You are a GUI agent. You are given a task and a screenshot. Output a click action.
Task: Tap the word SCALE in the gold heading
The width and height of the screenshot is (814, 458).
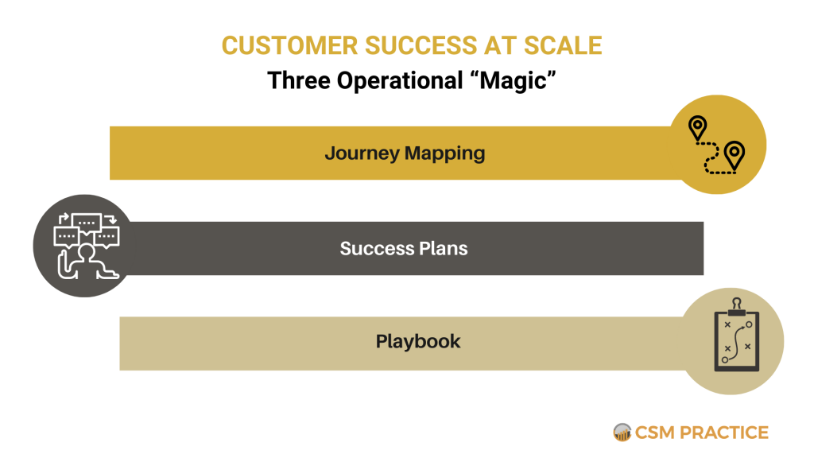(x=564, y=45)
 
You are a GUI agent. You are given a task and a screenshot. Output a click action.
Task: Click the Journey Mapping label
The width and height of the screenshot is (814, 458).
(x=405, y=153)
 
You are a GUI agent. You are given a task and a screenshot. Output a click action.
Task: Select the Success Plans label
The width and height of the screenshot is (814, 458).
(x=404, y=248)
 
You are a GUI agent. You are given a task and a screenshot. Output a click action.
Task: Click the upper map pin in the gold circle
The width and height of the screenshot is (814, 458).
(x=697, y=128)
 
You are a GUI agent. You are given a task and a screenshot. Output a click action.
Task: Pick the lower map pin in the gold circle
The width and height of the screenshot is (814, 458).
(x=734, y=154)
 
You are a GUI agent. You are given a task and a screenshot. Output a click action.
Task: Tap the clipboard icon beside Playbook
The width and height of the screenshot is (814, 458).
(x=736, y=340)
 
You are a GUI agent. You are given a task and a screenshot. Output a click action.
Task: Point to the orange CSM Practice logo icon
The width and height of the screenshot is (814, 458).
(x=622, y=433)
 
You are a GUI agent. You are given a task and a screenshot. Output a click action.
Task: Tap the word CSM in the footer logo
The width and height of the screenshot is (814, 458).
(x=654, y=433)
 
